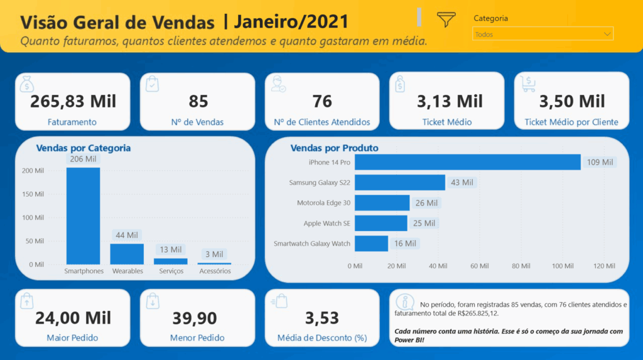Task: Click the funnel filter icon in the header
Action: tap(446, 19)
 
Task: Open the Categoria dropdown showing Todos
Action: tap(543, 34)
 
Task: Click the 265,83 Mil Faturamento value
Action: tap(73, 101)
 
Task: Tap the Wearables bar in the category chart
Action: tap(127, 254)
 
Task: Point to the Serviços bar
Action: tap(171, 261)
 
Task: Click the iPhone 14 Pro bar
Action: tap(467, 162)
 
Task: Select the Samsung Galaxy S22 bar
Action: tap(399, 183)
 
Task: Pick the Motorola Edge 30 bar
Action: tap(382, 203)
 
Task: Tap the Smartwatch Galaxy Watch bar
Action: tap(371, 243)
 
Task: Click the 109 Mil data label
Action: tap(599, 162)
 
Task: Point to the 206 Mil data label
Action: tap(83, 159)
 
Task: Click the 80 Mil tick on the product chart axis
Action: tap(521, 266)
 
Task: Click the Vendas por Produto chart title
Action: tap(334, 148)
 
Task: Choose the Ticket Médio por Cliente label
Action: tap(571, 123)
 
